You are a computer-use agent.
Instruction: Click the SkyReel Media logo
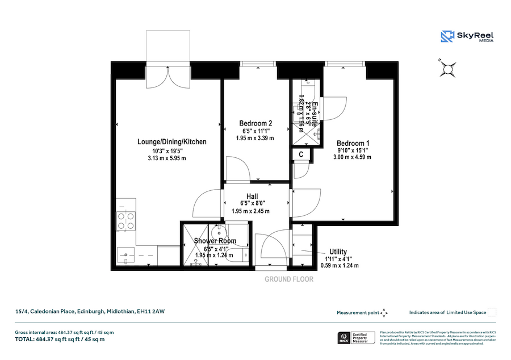(467, 37)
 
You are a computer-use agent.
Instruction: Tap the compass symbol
(447, 69)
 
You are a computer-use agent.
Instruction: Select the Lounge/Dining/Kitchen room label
(171, 142)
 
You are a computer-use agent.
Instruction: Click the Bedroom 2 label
(256, 123)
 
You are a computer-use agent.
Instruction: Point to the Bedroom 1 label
(353, 143)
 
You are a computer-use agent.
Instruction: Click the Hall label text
(253, 196)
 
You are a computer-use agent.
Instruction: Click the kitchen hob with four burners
(126, 221)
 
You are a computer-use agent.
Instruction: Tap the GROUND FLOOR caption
(289, 279)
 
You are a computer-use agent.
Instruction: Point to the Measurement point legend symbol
(384, 313)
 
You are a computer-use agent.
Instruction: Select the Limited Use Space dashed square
(492, 312)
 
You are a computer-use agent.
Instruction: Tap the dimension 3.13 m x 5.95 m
(169, 158)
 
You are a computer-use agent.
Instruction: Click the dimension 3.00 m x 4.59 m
(353, 157)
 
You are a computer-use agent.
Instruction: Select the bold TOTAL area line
(60, 339)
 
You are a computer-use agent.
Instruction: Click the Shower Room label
(215, 241)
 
